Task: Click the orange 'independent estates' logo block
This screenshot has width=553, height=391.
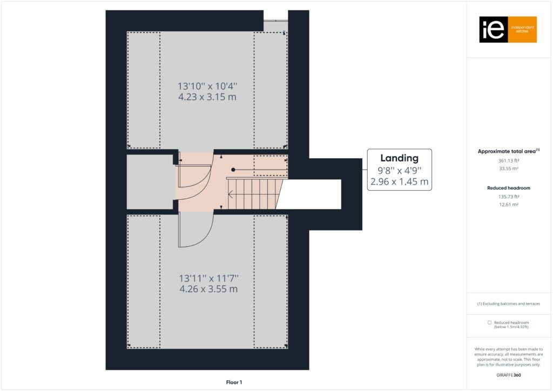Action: click(x=522, y=30)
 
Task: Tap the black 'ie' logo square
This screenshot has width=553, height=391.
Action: click(x=494, y=30)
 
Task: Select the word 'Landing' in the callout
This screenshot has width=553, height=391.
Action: click(x=399, y=158)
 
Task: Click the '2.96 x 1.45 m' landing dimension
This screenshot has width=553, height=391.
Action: click(x=399, y=181)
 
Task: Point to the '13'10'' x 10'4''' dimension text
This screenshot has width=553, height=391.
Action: click(x=207, y=86)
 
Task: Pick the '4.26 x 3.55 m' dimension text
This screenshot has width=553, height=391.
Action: click(x=209, y=289)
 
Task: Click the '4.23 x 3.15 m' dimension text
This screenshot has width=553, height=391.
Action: click(x=207, y=97)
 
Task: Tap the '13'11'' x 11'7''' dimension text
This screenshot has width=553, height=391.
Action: click(x=209, y=278)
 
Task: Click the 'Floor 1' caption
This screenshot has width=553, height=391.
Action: click(x=234, y=382)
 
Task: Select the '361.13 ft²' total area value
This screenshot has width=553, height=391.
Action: click(x=509, y=160)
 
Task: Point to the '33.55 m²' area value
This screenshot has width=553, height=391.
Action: click(x=509, y=168)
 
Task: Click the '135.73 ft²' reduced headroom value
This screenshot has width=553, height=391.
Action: click(x=509, y=197)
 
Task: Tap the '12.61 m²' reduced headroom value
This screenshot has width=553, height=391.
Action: click(x=509, y=205)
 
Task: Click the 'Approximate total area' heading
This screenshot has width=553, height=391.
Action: click(x=507, y=151)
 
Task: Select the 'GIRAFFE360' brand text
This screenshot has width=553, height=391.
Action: click(x=509, y=375)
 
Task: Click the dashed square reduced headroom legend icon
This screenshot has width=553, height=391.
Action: click(x=489, y=322)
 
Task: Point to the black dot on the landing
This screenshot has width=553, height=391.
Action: click(x=233, y=170)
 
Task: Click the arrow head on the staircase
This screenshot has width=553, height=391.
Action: click(x=230, y=194)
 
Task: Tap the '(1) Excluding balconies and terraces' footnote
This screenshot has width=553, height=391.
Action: click(x=509, y=304)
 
